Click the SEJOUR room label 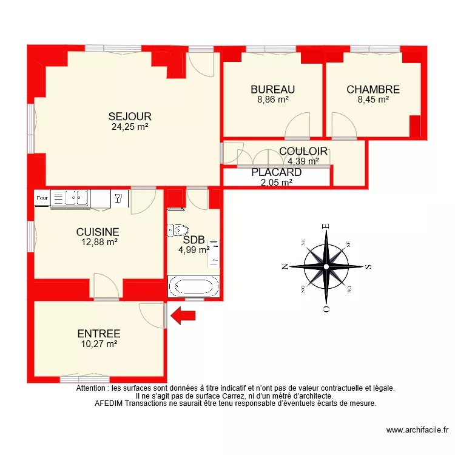click(x=130, y=116)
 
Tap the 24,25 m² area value click(x=130, y=127)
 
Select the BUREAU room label click(x=273, y=90)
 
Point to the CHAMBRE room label click(x=373, y=90)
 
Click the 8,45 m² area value click(x=373, y=100)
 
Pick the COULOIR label click(x=303, y=152)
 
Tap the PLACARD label click(x=277, y=172)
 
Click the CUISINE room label click(x=98, y=232)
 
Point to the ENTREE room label click(x=99, y=334)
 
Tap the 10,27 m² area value click(x=99, y=344)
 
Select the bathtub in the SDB click(x=193, y=286)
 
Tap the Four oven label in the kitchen click(x=42, y=198)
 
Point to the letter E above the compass click(x=326, y=226)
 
